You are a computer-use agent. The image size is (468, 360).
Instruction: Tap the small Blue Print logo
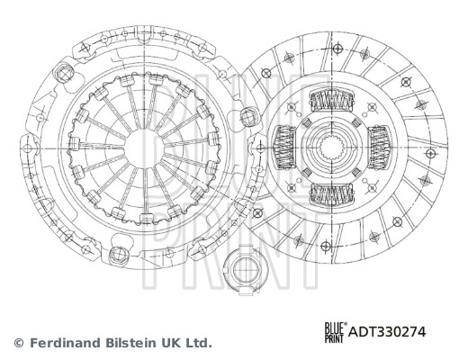pyautogui.click(x=333, y=331)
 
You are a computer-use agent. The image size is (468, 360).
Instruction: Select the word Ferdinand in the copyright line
pyautogui.click(x=64, y=343)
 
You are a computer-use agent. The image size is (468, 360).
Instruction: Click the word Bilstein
pyautogui.click(x=128, y=343)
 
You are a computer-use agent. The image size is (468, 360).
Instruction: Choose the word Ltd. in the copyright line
pyautogui.click(x=198, y=343)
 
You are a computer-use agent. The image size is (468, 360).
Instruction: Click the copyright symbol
pyautogui.click(x=18, y=343)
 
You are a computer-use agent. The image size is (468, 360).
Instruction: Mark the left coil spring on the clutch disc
pyautogui.click(x=283, y=147)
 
